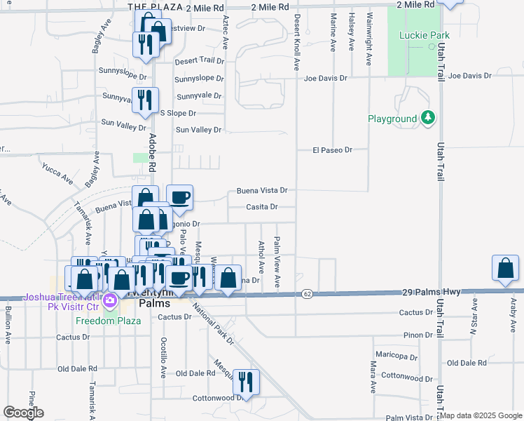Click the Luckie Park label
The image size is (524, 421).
[x=419, y=34]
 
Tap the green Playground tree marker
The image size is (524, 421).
[x=428, y=119]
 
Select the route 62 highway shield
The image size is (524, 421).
[x=308, y=293]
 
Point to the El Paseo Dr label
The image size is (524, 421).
[x=332, y=150]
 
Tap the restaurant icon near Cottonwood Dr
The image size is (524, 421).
[x=246, y=382]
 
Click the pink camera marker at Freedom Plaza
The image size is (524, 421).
[x=109, y=301]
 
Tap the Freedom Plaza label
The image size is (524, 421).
[x=109, y=321]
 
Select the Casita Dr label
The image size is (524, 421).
[x=262, y=207]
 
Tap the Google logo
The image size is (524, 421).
[x=23, y=413]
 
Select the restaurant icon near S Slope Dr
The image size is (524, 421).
[x=146, y=100]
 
